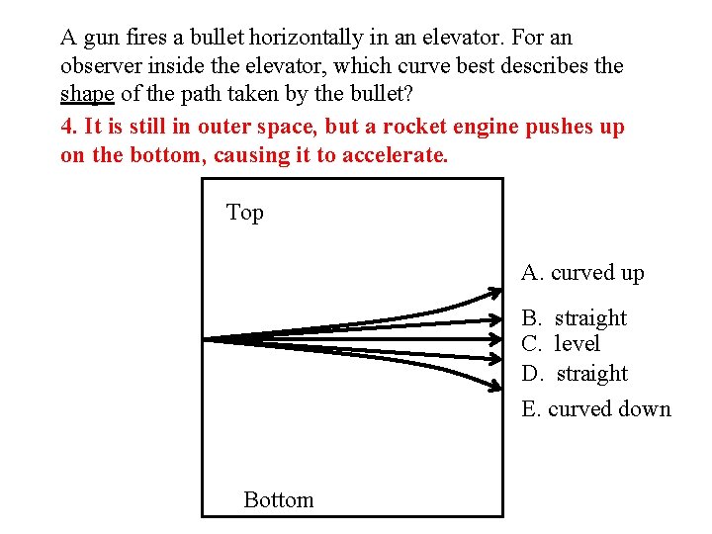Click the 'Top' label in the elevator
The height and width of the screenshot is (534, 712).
pos(245,213)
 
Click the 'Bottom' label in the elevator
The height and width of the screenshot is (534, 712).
pos(279,500)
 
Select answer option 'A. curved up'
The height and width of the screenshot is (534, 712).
pos(582,273)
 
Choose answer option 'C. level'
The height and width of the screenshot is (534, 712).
pos(561,344)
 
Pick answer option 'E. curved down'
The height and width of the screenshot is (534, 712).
pos(595,409)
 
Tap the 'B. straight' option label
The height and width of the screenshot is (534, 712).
pos(575,318)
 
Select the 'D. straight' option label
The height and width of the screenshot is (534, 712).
pos(575,374)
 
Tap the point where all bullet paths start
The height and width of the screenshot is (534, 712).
pos(206,339)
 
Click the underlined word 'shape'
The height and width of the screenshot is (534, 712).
pos(88,93)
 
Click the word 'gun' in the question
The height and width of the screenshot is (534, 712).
pos(103,39)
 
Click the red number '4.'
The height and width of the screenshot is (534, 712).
pos(68,128)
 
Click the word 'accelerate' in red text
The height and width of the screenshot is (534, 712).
pos(393,156)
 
